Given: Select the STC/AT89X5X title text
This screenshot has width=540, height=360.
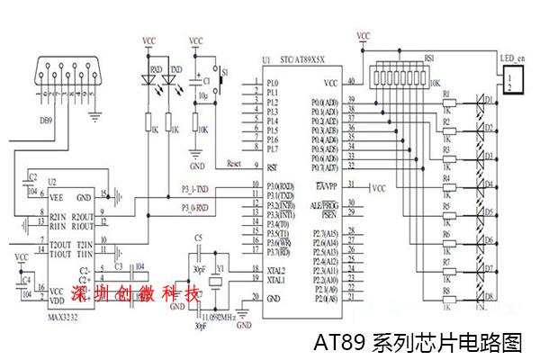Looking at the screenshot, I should tap(309, 61).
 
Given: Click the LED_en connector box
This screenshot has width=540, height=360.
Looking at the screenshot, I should tap(511, 83).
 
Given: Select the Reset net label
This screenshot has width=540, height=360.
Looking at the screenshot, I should tap(236, 164).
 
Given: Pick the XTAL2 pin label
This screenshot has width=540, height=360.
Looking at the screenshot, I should tap(275, 270).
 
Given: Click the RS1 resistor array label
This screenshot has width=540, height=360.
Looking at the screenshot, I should tap(428, 57).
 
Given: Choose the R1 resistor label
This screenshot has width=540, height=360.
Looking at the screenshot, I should tap(446, 95).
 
